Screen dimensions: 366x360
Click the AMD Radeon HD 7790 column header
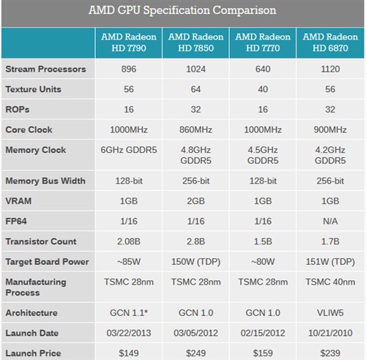pyautogui.click(x=129, y=42)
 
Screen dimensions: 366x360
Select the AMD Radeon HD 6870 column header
pyautogui.click(x=330, y=42)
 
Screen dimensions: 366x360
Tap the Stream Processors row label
pyautogui.click(x=45, y=69)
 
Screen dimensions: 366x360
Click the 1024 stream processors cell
pyautogui.click(x=195, y=69)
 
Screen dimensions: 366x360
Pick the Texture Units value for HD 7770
pyautogui.click(x=263, y=89)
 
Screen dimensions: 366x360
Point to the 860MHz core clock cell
pyautogui.click(x=195, y=130)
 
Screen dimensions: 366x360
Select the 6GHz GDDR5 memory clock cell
pyautogui.click(x=129, y=150)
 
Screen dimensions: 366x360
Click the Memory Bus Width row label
pyautogui.click(x=45, y=181)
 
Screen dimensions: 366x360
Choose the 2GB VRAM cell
pyautogui.click(x=195, y=201)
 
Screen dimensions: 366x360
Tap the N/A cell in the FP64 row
pyautogui.click(x=330, y=221)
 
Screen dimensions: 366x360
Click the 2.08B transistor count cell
pyautogui.click(x=129, y=241)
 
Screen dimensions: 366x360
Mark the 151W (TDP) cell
pyautogui.click(x=330, y=262)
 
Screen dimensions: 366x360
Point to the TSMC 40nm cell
pyautogui.click(x=330, y=282)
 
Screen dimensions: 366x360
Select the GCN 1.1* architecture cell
pyautogui.click(x=129, y=312)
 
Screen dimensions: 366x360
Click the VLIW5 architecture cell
pyautogui.click(x=330, y=312)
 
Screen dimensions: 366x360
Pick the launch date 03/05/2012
pyautogui.click(x=195, y=333)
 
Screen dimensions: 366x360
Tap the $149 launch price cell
pyautogui.click(x=129, y=353)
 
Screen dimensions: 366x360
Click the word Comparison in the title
pyautogui.click(x=244, y=10)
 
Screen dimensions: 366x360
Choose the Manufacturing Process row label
pyautogui.click(x=36, y=288)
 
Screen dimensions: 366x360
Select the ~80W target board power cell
pyautogui.click(x=263, y=262)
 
